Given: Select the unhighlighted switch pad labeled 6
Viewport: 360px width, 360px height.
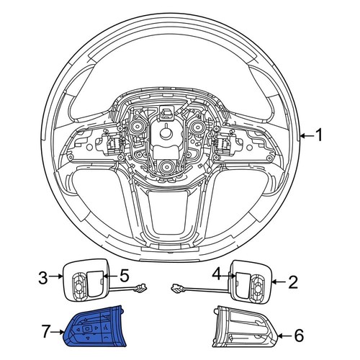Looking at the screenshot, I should [243, 328].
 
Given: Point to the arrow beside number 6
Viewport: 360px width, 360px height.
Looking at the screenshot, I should [283, 335].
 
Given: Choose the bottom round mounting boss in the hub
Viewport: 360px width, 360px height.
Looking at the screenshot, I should [166, 167].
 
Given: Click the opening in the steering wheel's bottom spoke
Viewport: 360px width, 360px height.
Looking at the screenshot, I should [167, 216].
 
